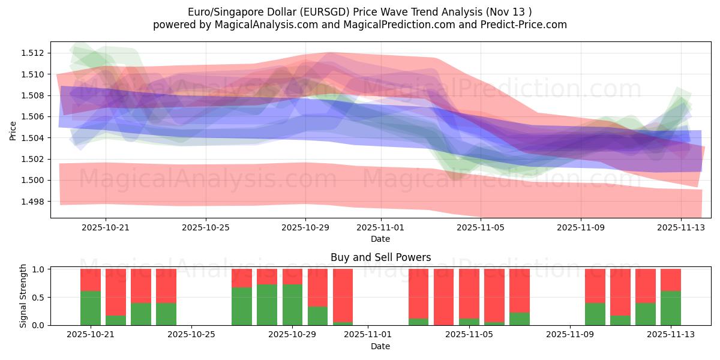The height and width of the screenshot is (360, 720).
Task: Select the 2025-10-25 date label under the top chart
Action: [206, 227]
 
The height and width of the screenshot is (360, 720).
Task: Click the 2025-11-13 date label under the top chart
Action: [680, 227]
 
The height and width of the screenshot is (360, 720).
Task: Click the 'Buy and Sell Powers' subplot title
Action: [380, 257]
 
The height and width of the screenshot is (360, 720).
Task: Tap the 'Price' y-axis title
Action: [13, 130]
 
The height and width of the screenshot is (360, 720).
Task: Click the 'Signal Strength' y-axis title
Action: [23, 297]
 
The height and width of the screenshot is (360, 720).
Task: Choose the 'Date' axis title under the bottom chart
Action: [380, 346]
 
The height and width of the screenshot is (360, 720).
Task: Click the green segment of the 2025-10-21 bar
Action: [90, 308]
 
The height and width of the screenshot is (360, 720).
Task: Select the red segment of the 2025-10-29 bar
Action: [292, 277]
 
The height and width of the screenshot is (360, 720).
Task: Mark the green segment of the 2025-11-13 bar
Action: [670, 308]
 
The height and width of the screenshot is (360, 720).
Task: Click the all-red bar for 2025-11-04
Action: [444, 297]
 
